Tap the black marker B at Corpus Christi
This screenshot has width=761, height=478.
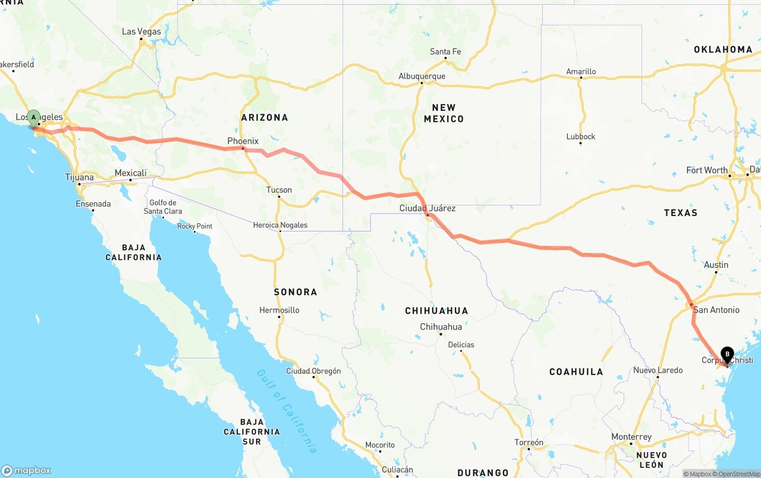727,354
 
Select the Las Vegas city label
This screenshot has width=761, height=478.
141,32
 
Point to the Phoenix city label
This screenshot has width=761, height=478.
243,141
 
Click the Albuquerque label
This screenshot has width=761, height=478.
422,76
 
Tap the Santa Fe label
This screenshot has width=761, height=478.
445,52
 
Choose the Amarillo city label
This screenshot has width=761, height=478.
581,71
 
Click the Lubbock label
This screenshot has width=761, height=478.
581,136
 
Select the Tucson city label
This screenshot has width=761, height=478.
279,190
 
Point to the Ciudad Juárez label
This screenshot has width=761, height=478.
427,208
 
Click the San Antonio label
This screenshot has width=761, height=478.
716,310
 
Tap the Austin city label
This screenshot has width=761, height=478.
716,265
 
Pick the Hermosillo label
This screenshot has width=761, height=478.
279,310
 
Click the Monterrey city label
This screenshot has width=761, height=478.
631,437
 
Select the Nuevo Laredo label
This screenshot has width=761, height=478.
658,370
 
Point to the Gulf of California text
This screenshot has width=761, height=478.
287,411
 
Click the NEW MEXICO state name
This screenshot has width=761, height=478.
444,113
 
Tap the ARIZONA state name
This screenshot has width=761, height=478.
265,117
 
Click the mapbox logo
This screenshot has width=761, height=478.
26,470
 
